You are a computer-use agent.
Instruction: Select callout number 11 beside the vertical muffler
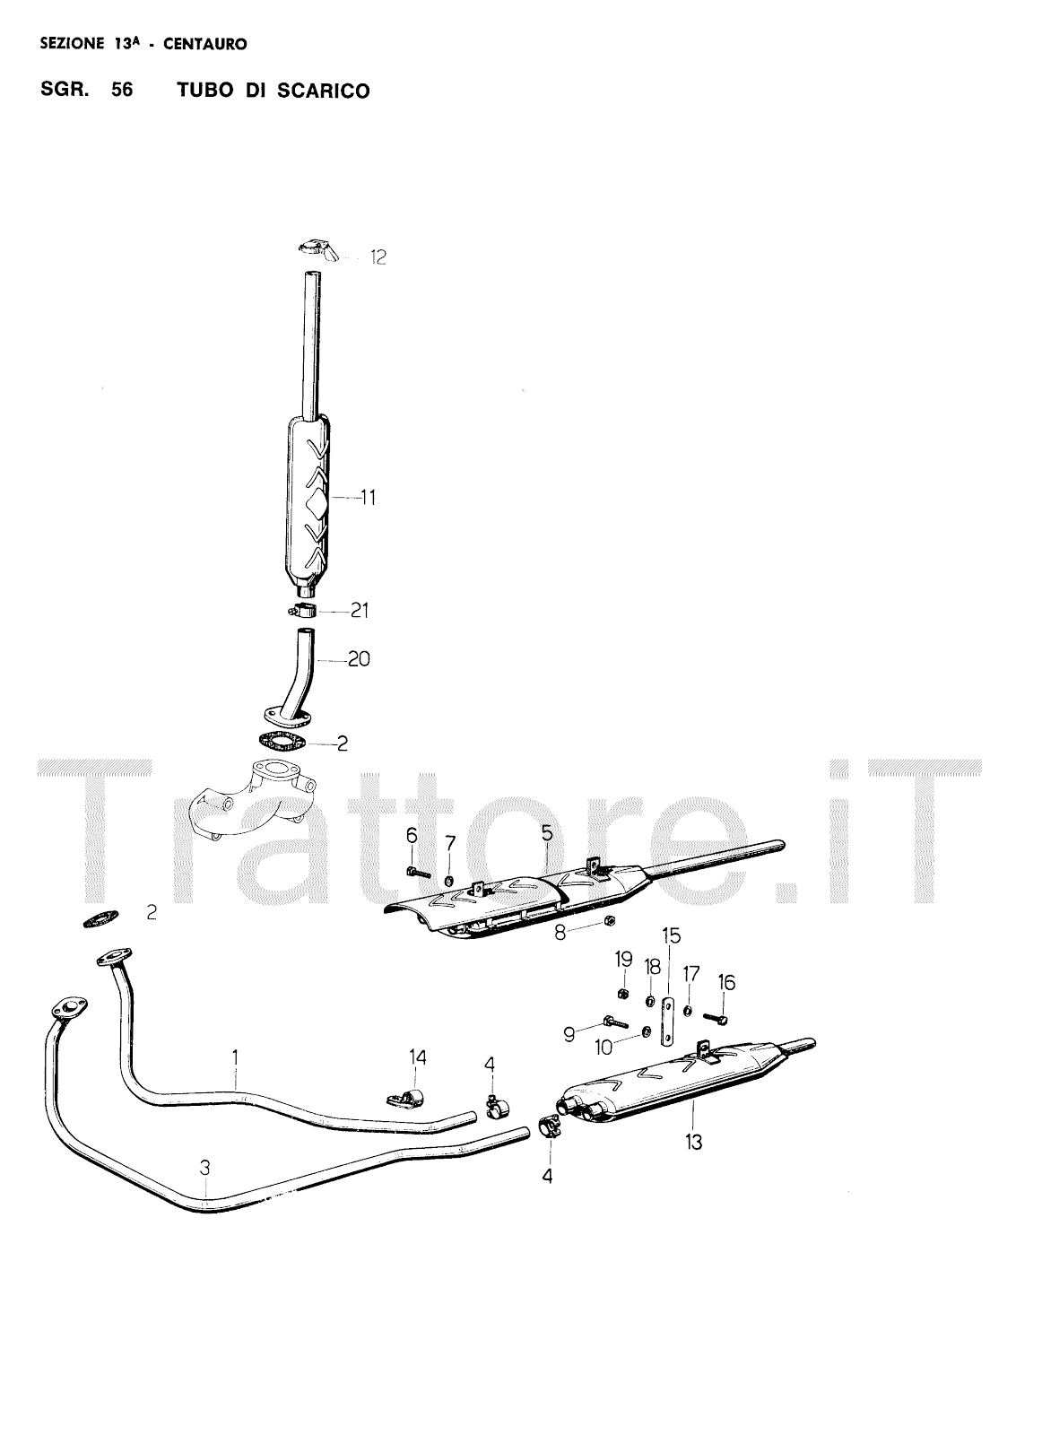pyautogui.click(x=368, y=498)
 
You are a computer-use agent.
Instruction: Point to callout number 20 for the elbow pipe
pyautogui.click(x=359, y=660)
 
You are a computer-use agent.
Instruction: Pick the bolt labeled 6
pyautogui.click(x=418, y=871)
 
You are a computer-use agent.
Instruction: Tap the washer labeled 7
pyautogui.click(x=449, y=874)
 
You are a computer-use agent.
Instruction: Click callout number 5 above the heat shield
pyautogui.click(x=547, y=833)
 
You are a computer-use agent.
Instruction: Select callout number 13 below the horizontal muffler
pyautogui.click(x=694, y=1142)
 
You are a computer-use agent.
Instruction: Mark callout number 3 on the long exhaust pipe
pyautogui.click(x=205, y=1167)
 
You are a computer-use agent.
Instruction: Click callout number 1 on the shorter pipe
pyautogui.click(x=235, y=1058)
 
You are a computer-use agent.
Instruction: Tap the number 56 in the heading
pyautogui.click(x=123, y=91)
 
